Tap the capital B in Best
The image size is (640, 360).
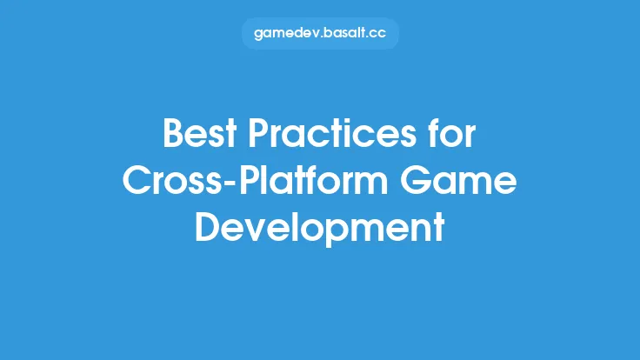click(x=173, y=137)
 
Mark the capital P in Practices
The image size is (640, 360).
click(x=260, y=137)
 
